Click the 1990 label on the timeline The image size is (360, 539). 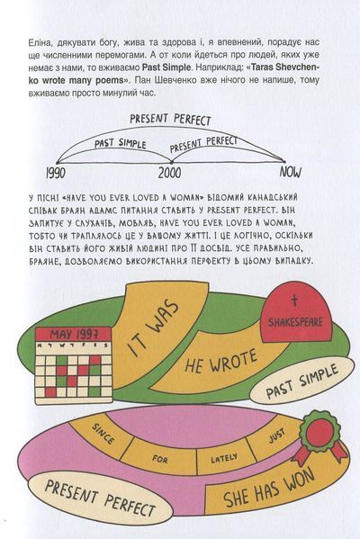[56, 174]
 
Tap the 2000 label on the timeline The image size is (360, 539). [169, 173]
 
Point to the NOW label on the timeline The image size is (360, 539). [291, 172]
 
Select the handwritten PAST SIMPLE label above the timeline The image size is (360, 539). [120, 143]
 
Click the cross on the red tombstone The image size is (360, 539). [294, 301]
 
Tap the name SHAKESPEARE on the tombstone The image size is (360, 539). [296, 322]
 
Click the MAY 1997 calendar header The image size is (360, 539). [74, 334]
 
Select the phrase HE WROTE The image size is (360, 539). [220, 361]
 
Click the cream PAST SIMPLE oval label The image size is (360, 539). [301, 381]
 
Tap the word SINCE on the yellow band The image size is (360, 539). [103, 434]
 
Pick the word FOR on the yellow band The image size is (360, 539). [160, 459]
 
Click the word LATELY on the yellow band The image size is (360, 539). [224, 458]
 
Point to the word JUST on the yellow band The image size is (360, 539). [277, 436]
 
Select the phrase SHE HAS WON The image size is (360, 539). [269, 488]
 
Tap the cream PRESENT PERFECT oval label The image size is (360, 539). [100, 499]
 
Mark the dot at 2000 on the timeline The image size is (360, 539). [171, 162]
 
